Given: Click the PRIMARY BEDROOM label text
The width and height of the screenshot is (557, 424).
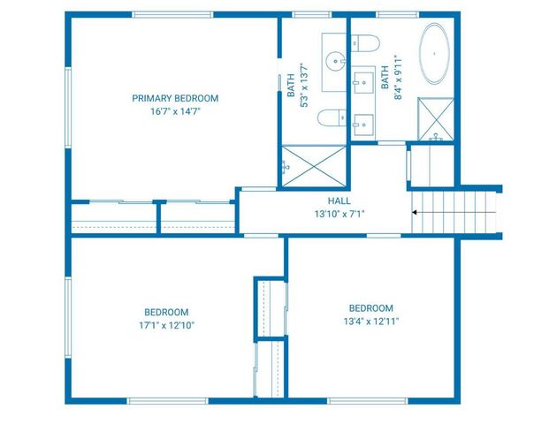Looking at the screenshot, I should click(x=175, y=98).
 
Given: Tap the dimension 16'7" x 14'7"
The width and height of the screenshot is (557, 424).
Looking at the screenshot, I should click(x=175, y=112).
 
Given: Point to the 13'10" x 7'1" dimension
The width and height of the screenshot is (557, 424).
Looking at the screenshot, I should click(x=340, y=214).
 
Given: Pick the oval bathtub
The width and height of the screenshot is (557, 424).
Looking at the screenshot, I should click(x=433, y=55).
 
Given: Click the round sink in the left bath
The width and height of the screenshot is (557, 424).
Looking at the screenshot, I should click(x=335, y=60).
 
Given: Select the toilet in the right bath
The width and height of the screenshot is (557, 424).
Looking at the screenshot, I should click(x=364, y=42).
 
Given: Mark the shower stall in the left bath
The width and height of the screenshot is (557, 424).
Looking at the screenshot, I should click(x=314, y=165).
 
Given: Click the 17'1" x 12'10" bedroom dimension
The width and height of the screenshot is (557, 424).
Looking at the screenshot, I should click(x=166, y=325).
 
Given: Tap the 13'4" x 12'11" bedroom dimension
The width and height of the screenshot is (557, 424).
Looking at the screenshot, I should click(x=370, y=322).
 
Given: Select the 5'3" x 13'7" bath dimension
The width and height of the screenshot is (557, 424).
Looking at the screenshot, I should click(x=302, y=84).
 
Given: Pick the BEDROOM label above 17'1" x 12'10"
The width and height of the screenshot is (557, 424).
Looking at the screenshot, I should click(x=166, y=312).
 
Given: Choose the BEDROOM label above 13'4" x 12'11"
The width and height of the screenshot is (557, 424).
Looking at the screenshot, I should click(x=370, y=307).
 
